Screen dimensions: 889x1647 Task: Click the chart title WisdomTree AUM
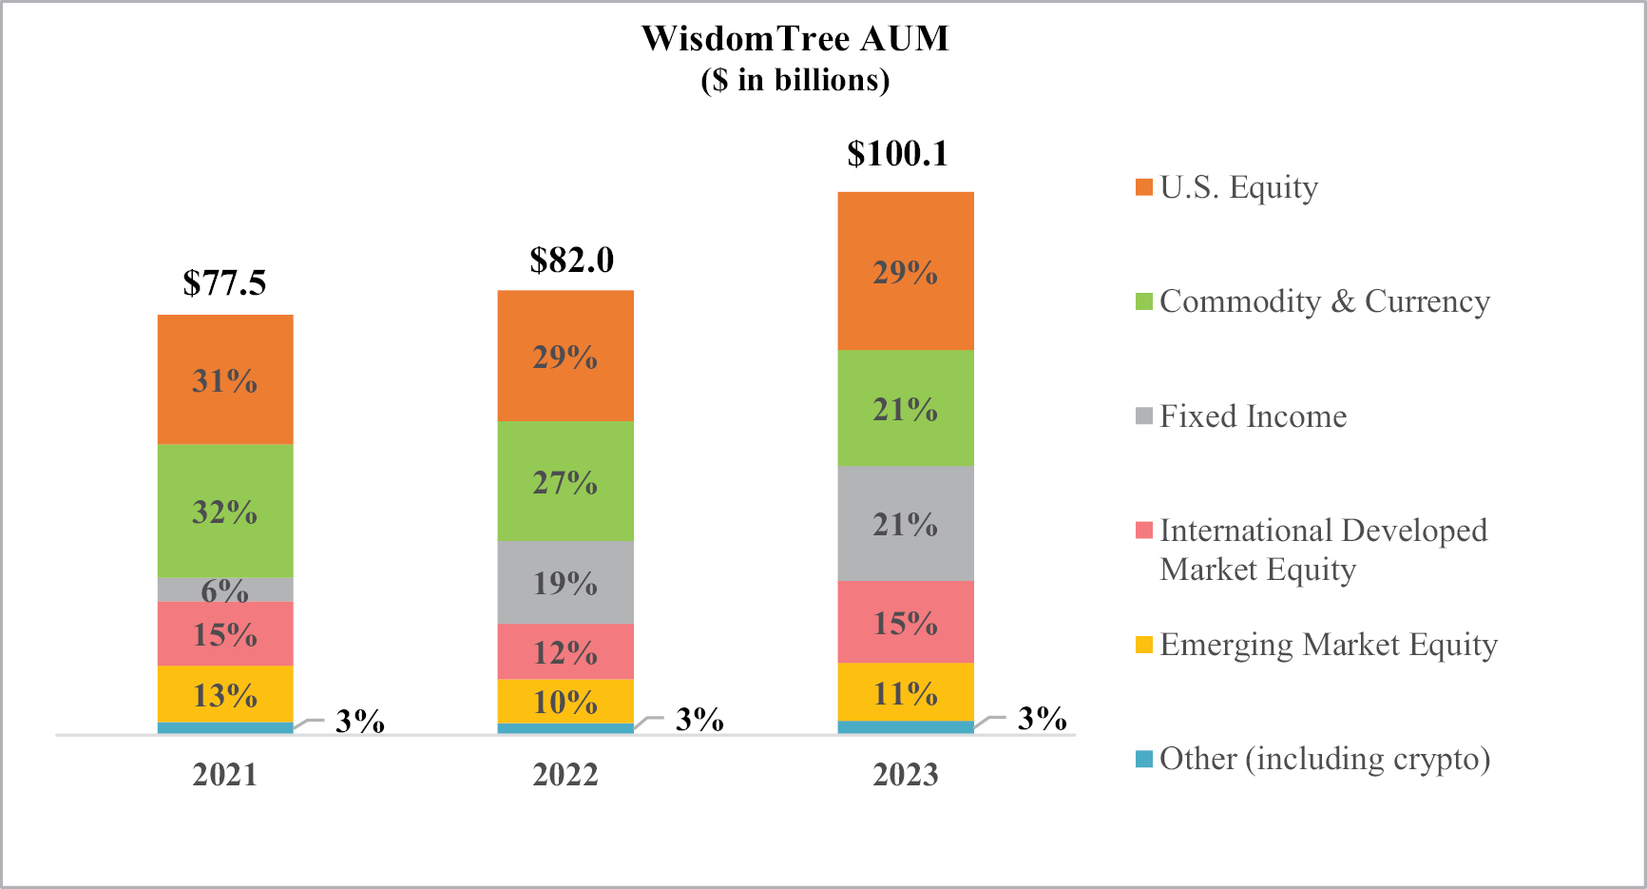pyautogui.click(x=795, y=38)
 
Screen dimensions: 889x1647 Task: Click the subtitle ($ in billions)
pyautogui.click(x=795, y=80)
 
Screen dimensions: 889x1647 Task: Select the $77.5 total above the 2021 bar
pyautogui.click(x=224, y=282)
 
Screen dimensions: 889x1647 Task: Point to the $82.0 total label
pyautogui.click(x=571, y=260)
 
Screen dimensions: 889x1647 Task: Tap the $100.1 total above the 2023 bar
pyautogui.click(x=897, y=153)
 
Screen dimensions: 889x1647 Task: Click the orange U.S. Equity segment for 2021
pyautogui.click(x=225, y=380)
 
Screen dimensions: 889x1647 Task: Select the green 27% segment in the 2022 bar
pyautogui.click(x=565, y=482)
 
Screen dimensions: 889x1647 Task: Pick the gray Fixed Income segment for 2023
pyautogui.click(x=905, y=524)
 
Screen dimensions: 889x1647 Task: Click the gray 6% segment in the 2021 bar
pyautogui.click(x=225, y=589)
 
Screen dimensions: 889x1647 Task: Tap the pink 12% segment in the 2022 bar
pyautogui.click(x=565, y=652)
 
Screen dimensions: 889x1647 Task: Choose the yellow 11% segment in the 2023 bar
pyautogui.click(x=905, y=692)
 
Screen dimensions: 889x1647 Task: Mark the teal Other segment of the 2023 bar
pyautogui.click(x=905, y=727)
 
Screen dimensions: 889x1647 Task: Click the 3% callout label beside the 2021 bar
pyautogui.click(x=359, y=722)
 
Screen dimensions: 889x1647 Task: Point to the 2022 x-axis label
pyautogui.click(x=565, y=775)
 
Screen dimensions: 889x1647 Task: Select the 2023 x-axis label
pyautogui.click(x=905, y=775)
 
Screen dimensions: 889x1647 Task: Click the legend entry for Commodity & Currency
pyautogui.click(x=1324, y=301)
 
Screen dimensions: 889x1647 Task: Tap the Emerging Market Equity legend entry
pyautogui.click(x=1328, y=645)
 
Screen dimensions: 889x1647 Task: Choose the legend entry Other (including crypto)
pyautogui.click(x=1324, y=759)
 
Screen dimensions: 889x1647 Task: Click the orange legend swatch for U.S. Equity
pyautogui.click(x=1144, y=187)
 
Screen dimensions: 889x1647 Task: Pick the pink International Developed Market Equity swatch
pyautogui.click(x=1144, y=530)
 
